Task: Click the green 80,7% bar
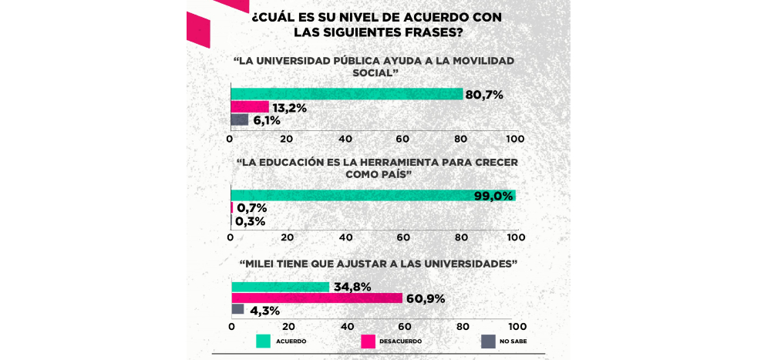[x=346, y=94]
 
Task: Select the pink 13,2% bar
[x=250, y=107]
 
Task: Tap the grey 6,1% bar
[x=240, y=119]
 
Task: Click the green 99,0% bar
[x=373, y=195]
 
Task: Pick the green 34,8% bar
[x=281, y=287]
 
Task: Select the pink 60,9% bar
[x=317, y=298]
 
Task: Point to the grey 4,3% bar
[x=238, y=309]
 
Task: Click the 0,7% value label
[x=251, y=208]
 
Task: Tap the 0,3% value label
[x=251, y=221]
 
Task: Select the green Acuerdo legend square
[x=263, y=340]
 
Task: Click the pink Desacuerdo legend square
[x=368, y=340]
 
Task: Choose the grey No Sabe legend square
[x=487, y=340]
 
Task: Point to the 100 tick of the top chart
[x=515, y=139]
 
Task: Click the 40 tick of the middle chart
[x=345, y=236]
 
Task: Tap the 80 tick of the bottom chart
[x=460, y=326]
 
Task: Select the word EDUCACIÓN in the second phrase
[x=303, y=163]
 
